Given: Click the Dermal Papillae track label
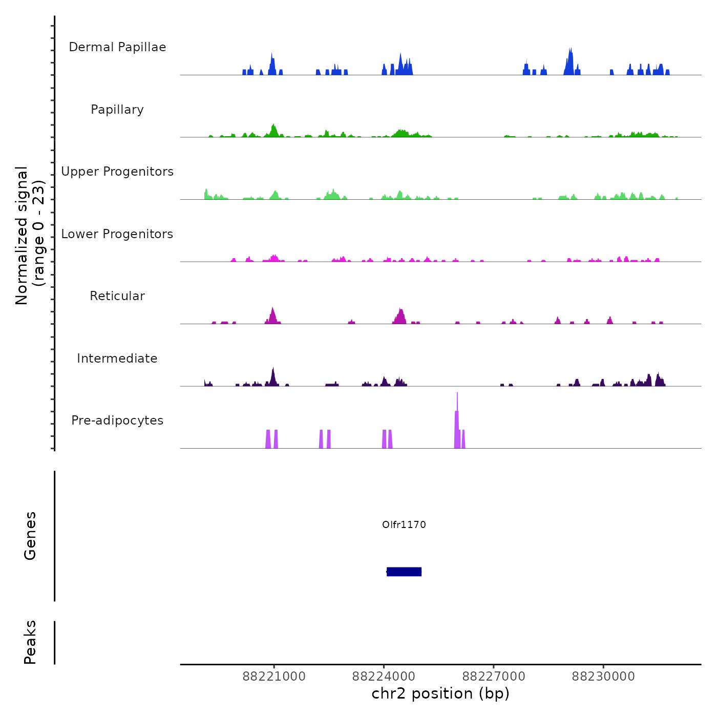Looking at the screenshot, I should click(x=117, y=47).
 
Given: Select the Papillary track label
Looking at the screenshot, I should click(x=117, y=110).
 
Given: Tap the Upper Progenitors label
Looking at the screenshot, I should click(x=117, y=172).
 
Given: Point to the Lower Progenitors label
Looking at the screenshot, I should click(x=117, y=234).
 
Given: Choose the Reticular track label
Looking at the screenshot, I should click(x=117, y=296).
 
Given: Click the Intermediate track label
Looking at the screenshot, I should click(x=117, y=358).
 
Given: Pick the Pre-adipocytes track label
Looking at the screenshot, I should click(x=117, y=420).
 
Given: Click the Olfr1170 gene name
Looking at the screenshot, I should click(x=404, y=524).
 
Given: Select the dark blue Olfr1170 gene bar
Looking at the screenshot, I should click(x=404, y=572).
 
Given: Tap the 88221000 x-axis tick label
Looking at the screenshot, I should click(x=274, y=677).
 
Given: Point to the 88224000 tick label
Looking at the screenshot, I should click(x=384, y=677).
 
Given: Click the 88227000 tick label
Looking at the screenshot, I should click(x=494, y=677).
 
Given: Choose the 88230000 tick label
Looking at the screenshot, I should click(x=603, y=677).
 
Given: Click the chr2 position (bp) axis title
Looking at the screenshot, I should click(x=440, y=693).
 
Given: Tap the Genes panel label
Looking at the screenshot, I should click(x=30, y=536).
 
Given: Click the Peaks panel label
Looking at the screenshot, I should click(x=30, y=642).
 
